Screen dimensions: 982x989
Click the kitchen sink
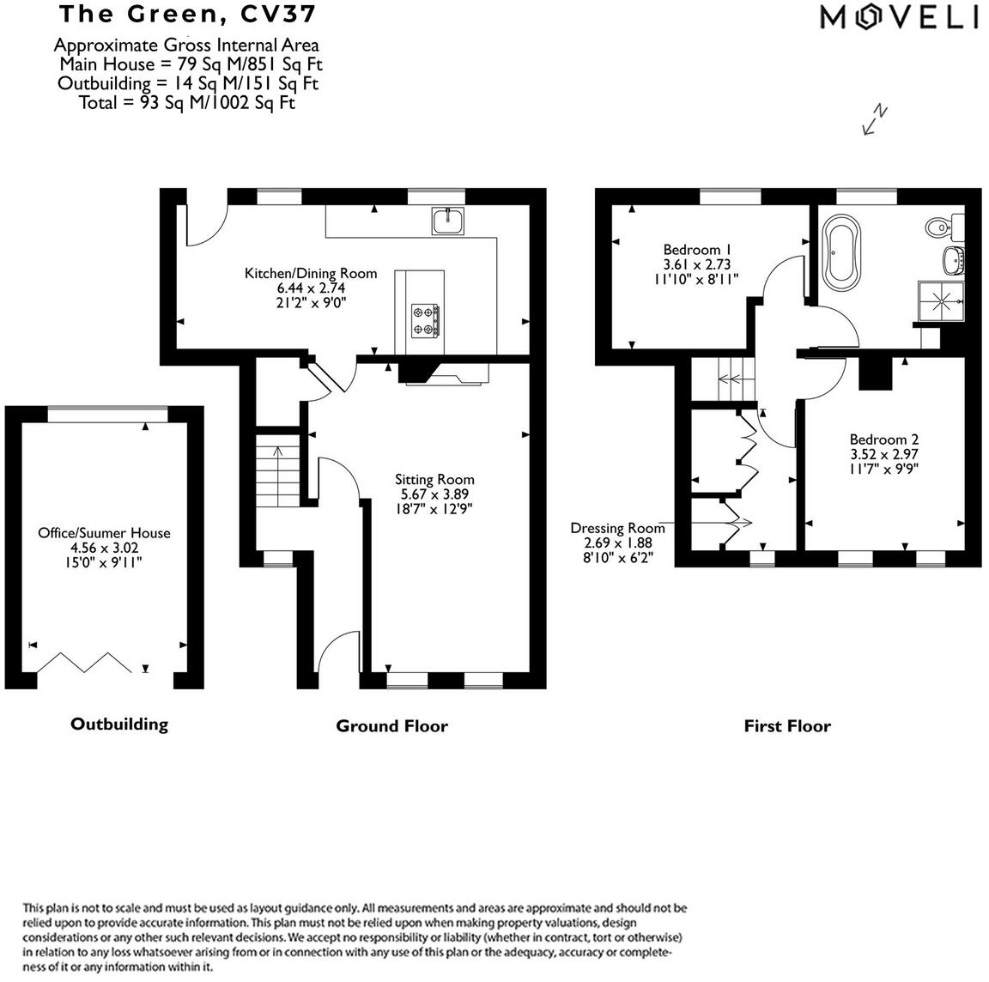[x=447, y=221]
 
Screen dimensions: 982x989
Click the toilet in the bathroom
[x=941, y=227]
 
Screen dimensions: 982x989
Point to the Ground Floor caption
[x=391, y=726]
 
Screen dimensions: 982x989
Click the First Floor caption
[x=786, y=726]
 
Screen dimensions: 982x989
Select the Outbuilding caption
[x=118, y=724]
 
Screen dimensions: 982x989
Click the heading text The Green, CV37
[x=186, y=14]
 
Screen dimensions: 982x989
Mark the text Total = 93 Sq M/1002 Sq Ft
[x=186, y=102]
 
